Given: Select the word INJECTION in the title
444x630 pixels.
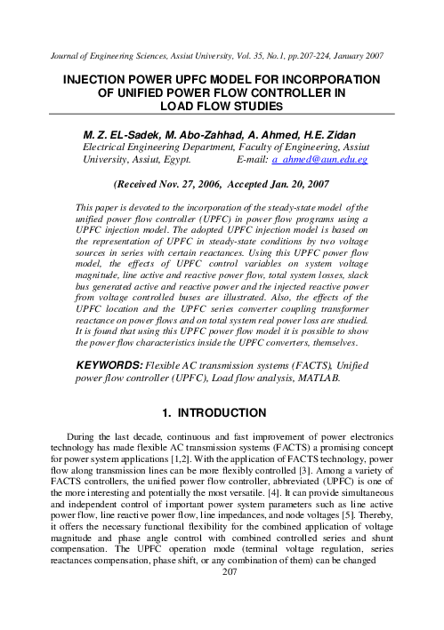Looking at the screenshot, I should click(x=99, y=80).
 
